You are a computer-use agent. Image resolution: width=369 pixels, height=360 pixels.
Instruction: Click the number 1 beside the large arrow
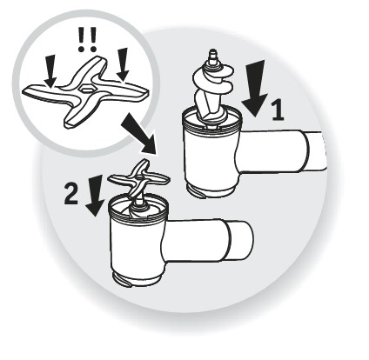point(278,111)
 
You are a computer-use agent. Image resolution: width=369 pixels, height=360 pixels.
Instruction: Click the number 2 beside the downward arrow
point(71,195)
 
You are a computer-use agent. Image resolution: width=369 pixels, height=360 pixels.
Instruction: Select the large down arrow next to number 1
point(255,89)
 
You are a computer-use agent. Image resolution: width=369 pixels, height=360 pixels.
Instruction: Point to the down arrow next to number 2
point(95,196)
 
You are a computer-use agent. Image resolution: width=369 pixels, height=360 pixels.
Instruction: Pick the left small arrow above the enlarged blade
point(51,71)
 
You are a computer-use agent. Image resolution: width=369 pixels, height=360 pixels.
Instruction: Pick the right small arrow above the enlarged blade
point(123,64)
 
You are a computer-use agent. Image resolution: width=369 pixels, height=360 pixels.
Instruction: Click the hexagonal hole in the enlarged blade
point(85,88)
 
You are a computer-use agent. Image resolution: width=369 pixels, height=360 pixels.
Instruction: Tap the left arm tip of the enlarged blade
point(25,90)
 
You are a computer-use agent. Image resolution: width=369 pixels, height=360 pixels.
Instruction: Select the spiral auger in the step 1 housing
point(211,94)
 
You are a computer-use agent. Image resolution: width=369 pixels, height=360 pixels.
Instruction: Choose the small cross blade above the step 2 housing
point(138,180)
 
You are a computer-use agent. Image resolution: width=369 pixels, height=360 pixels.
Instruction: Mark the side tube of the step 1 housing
point(280,150)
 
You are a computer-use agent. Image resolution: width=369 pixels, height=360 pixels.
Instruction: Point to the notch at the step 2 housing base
point(124,281)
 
